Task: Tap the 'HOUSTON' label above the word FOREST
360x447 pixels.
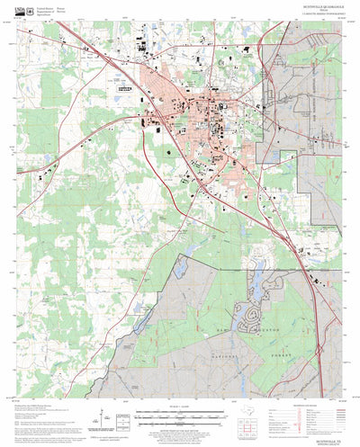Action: [x=274, y=331]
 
